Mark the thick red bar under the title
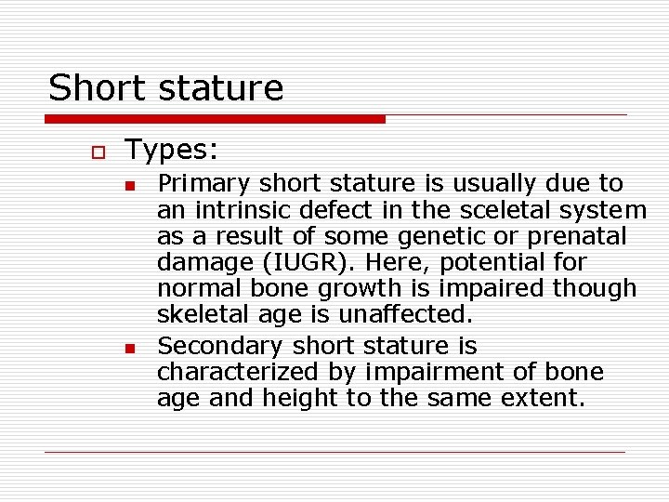pos(215,119)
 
